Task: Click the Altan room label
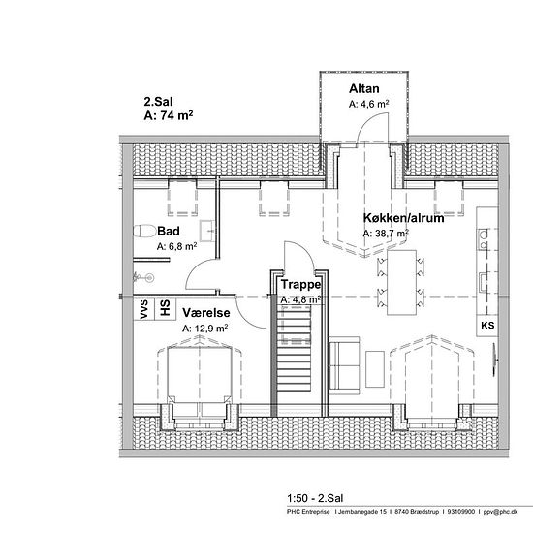363,89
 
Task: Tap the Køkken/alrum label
403,218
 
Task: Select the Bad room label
169,232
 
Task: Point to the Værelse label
206,313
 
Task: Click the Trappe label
300,284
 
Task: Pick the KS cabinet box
487,326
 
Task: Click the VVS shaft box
143,309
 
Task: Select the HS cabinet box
165,309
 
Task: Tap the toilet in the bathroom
144,232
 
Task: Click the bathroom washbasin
207,232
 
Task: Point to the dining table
402,282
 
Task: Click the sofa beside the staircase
344,365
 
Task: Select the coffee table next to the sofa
375,369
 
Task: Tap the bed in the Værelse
200,375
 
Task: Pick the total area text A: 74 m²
169,115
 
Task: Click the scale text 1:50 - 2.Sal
315,498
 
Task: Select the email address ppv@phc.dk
500,512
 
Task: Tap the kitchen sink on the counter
484,282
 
